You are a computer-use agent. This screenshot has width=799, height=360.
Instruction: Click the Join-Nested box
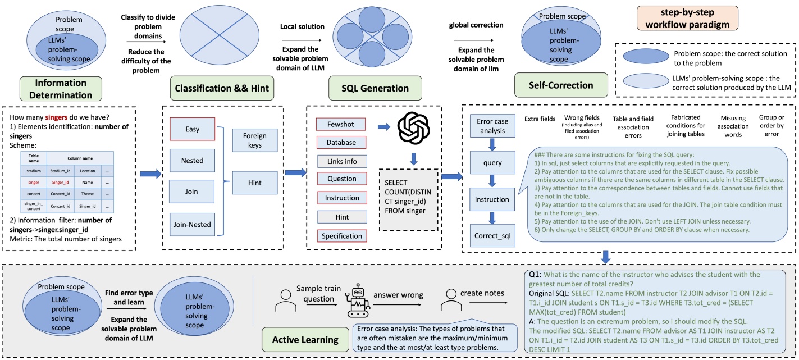click(193, 225)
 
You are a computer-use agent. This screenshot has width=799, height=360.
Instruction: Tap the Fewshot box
click(341, 124)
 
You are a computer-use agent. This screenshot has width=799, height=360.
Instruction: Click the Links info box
click(341, 162)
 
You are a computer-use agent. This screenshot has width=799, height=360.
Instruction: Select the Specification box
click(341, 236)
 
